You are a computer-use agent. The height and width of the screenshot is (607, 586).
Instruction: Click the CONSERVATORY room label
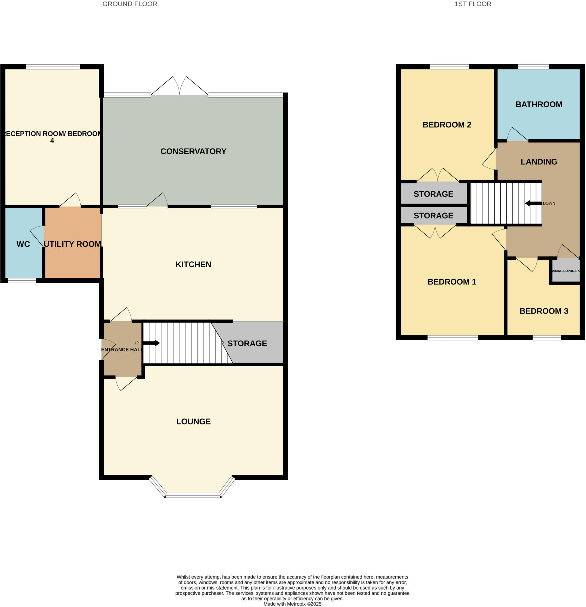coord(193,151)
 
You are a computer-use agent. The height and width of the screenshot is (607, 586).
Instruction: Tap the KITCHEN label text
coord(193,264)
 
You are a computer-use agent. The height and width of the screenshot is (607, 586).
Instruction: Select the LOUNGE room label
coord(193,421)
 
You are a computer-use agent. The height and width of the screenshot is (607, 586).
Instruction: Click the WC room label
coord(23,244)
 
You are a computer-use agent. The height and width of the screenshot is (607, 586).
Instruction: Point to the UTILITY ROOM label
coord(72,244)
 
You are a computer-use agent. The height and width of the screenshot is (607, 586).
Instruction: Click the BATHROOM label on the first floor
coord(539,104)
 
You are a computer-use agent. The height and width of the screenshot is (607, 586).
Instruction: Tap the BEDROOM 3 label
coord(544,311)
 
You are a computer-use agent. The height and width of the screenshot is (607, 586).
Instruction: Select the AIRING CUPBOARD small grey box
coord(566,271)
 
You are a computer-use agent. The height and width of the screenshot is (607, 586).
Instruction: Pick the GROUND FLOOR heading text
coord(130,4)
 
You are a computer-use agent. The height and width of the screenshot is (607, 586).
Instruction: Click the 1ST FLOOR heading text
coord(473,4)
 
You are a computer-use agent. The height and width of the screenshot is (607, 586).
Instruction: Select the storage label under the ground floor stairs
coord(247,344)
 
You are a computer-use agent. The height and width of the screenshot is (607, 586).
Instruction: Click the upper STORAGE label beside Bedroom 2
coord(433,194)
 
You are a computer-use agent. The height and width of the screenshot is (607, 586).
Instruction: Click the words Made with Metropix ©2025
coord(292,604)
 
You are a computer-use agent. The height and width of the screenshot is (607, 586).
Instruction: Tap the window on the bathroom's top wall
coord(533,67)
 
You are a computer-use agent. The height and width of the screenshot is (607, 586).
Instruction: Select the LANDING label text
coord(539,162)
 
